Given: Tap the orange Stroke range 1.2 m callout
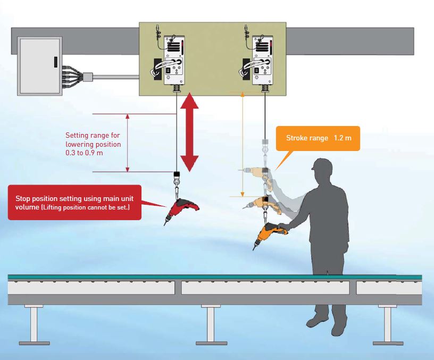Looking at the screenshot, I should pos(318,138).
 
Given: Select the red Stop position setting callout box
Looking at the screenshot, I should pos(74,203).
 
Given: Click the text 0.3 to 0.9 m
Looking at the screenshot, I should pos(84,153).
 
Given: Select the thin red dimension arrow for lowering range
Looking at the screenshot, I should pos(127,143).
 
